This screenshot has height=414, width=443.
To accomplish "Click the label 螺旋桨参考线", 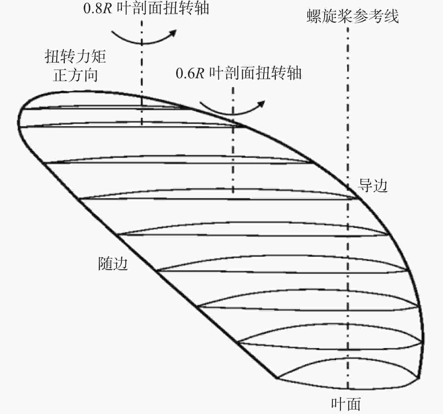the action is point(353,16).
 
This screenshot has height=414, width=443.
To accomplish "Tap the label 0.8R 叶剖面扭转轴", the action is point(146,8).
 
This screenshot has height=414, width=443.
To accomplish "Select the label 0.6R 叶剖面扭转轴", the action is point(238,73).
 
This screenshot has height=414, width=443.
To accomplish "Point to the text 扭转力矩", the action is point(75,56).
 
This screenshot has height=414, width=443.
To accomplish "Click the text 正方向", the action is point(75,75).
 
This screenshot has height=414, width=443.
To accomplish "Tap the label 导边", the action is point(372,185).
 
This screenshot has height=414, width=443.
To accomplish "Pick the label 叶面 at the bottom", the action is point(346,404).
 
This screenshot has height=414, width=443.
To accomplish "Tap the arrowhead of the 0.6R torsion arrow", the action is point(261,104).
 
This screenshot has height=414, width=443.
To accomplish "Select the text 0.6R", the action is point(190,73).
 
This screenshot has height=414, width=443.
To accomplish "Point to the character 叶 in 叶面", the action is point(338,404).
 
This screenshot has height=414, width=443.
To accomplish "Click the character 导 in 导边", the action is point(365,185).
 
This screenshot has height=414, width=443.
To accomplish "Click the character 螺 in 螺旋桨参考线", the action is point(314,16).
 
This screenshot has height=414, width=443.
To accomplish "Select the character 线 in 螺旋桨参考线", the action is point(391,16).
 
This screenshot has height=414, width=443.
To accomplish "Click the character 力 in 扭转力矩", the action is point(83,56).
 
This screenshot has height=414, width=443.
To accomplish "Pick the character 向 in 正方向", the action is point(90,75).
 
